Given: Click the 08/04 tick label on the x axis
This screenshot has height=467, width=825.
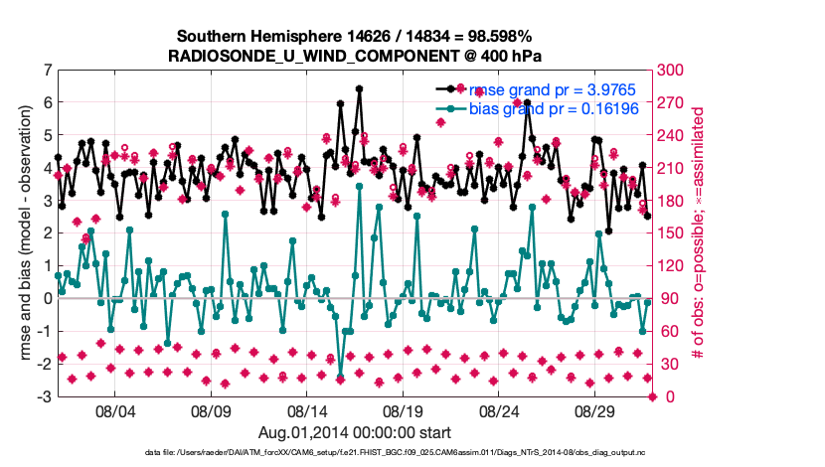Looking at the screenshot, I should coord(113,410).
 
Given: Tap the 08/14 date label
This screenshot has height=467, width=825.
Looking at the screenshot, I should coord(307,410).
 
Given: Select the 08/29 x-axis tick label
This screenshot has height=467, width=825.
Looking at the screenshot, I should coord(596,410).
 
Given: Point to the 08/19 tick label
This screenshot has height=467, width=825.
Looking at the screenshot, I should coord(404,410).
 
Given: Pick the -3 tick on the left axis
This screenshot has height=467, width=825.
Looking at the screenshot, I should coord(45,396).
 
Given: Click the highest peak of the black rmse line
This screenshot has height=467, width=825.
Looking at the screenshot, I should coord(359,88).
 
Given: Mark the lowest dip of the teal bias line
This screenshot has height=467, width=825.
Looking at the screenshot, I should coord(340,378).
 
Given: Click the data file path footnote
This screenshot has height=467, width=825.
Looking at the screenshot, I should coord(355,452).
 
